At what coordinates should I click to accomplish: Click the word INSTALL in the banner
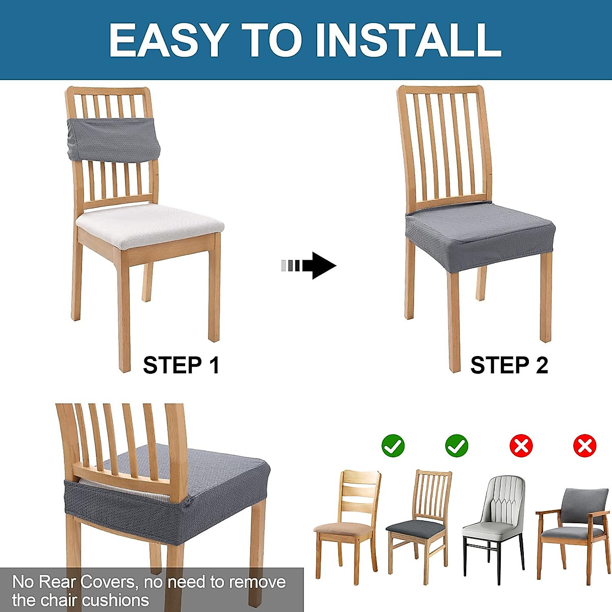pyautogui.click(x=409, y=40)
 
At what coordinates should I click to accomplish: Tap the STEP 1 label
pyautogui.click(x=181, y=365)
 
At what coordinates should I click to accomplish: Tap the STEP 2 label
pyautogui.click(x=509, y=365)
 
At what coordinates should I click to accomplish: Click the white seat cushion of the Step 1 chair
pyautogui.click(x=149, y=224)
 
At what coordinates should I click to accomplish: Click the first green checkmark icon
pyautogui.click(x=393, y=446)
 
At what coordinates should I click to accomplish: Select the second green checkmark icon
pyautogui.click(x=456, y=446)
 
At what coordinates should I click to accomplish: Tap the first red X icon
pyautogui.click(x=521, y=446)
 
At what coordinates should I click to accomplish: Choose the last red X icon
pyautogui.click(x=584, y=446)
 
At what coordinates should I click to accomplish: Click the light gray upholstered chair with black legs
pyautogui.click(x=494, y=515)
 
